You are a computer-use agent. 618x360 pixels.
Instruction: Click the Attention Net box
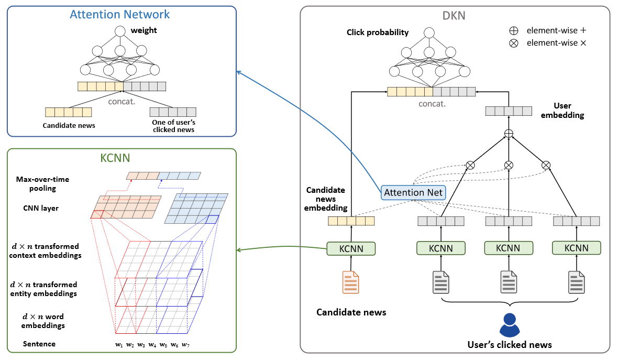(x=413, y=192)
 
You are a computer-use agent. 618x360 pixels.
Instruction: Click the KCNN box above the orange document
(x=351, y=248)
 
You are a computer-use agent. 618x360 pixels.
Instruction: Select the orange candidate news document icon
(x=351, y=282)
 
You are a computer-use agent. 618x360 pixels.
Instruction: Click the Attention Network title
(x=120, y=14)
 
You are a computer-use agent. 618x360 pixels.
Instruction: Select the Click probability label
(x=377, y=32)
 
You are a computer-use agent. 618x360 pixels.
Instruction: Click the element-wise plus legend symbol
(x=514, y=30)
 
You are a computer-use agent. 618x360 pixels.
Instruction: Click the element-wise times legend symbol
(x=514, y=43)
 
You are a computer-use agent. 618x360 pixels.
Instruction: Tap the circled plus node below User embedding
(x=508, y=133)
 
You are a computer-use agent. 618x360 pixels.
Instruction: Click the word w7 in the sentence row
(x=185, y=344)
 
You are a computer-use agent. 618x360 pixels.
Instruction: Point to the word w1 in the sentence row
(x=119, y=344)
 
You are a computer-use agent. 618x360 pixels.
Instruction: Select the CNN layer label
(x=41, y=208)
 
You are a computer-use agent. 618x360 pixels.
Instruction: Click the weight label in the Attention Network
(x=144, y=30)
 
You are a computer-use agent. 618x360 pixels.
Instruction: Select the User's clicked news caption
(x=509, y=344)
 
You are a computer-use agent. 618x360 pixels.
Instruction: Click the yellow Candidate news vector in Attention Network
(x=68, y=112)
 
